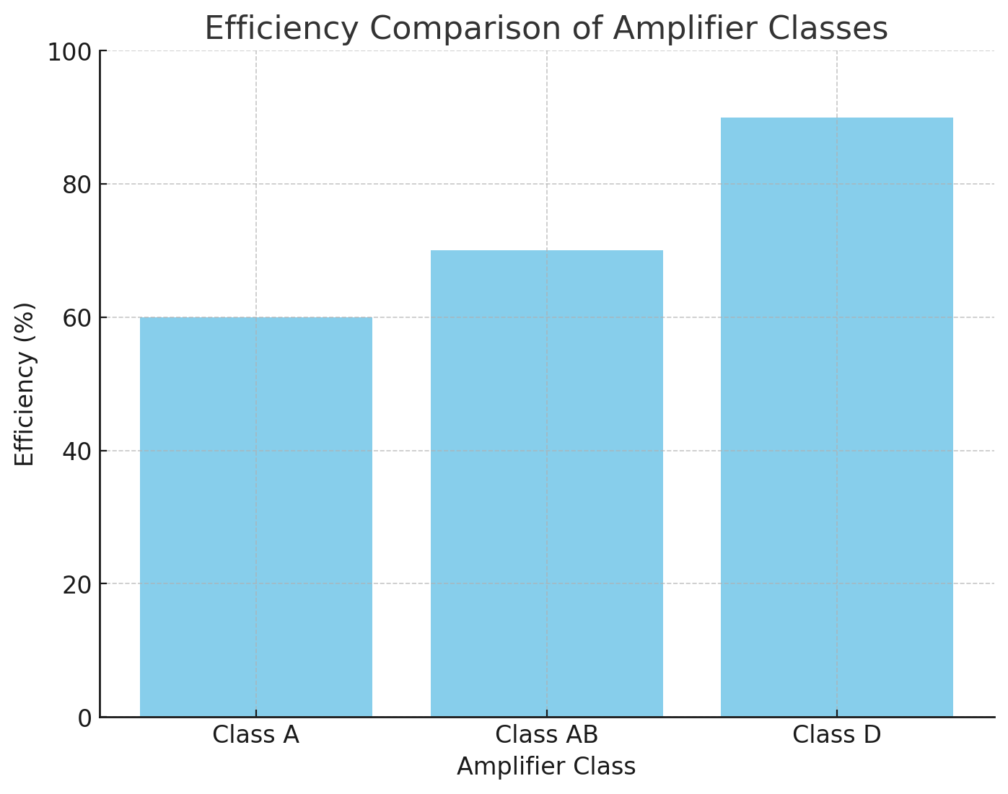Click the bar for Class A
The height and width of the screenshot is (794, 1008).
256,516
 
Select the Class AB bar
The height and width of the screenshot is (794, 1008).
547,483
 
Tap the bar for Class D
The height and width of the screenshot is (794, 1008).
837,417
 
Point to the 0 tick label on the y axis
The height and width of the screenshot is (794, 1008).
85,718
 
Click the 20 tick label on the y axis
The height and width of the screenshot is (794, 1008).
77,585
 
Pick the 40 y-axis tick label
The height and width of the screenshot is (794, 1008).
77,451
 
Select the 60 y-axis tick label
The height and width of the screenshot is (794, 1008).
77,318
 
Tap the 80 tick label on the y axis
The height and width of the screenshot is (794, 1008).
77,185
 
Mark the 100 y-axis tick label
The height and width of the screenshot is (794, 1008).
70,52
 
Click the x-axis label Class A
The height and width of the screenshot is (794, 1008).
256,735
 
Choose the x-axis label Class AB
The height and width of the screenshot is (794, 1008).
547,735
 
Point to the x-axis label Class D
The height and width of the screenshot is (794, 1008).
837,735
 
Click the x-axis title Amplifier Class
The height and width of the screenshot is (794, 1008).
546,767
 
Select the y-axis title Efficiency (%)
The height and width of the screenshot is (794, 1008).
25,384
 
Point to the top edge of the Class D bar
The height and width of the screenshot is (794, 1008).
837,118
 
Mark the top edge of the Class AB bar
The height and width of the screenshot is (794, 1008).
547,251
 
